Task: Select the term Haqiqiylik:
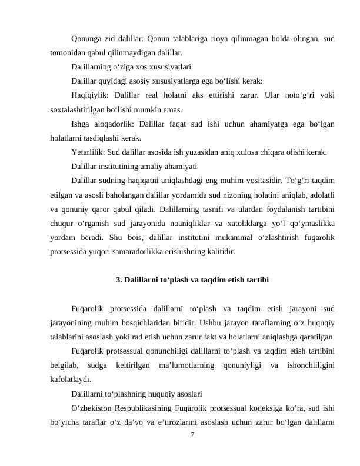point(91,96)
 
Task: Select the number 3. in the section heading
point(120,279)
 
